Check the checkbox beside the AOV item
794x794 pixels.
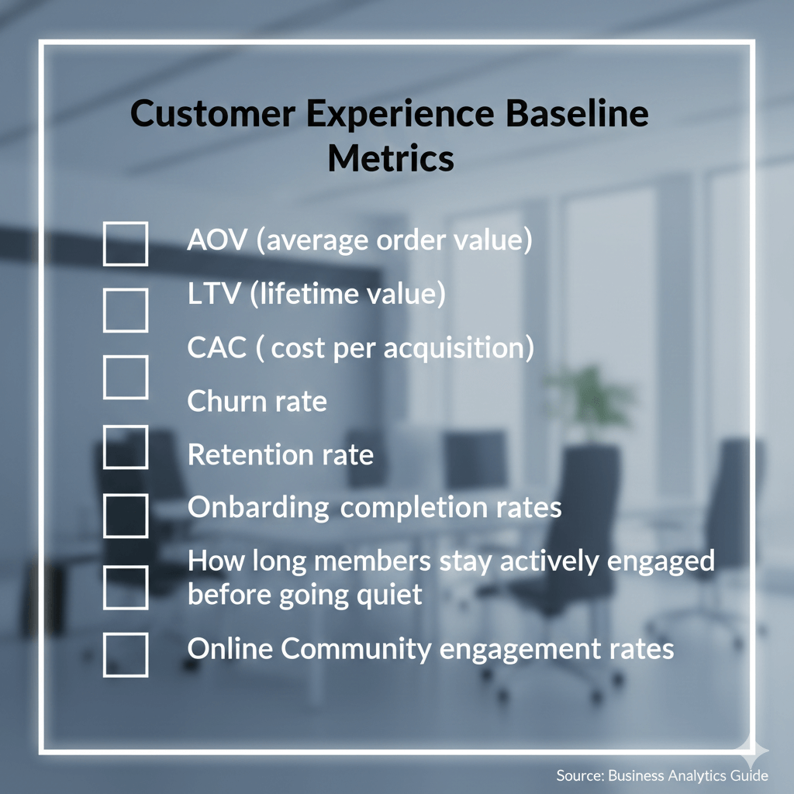coord(126,243)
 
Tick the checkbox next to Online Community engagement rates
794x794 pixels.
coord(126,654)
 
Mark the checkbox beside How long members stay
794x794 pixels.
coord(126,587)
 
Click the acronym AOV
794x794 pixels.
coord(217,240)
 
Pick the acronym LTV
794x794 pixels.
coord(214,295)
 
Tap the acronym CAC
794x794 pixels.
coord(216,348)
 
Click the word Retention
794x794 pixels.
coord(250,455)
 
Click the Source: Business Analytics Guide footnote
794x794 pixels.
coord(661,775)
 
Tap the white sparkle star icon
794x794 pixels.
coord(751,751)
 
